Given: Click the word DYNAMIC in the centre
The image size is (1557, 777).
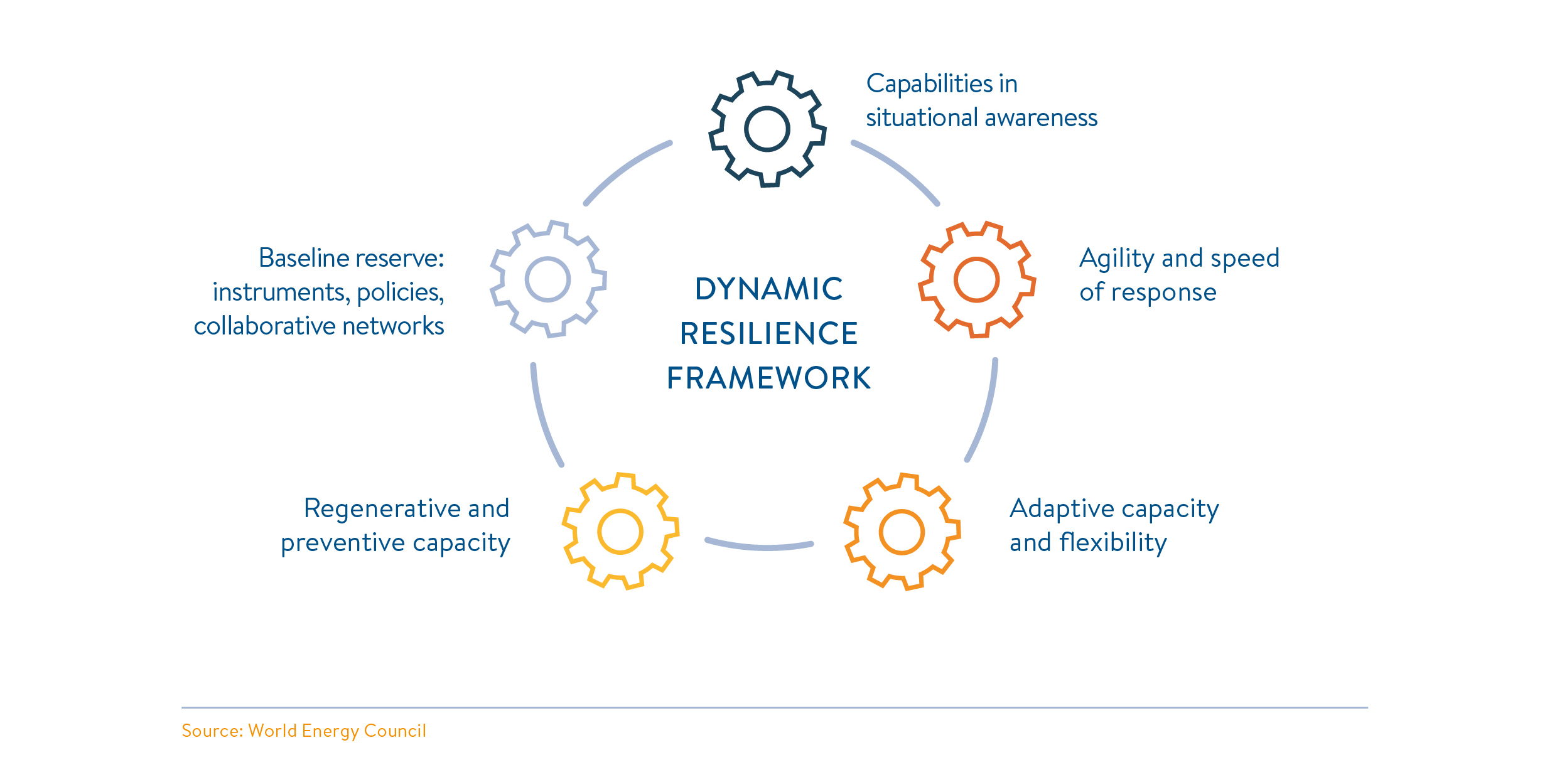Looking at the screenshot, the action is tap(769, 289).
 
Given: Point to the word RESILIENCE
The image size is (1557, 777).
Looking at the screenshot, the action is tap(769, 334).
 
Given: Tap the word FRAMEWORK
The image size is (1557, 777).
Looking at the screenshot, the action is tap(769, 378).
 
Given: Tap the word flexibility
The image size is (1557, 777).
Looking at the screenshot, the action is tap(1113, 543).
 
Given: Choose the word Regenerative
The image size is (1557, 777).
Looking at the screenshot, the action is tap(382, 509).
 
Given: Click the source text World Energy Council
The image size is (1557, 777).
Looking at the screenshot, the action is tap(337, 731).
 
